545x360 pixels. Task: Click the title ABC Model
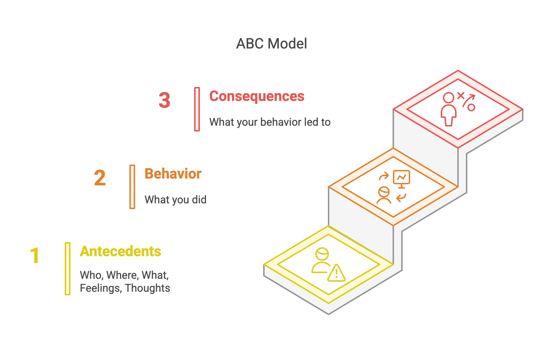pyautogui.click(x=271, y=44)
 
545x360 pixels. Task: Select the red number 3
pyautogui.click(x=165, y=100)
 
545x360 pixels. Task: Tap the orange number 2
pyautogui.click(x=100, y=178)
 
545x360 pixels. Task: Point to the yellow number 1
pyautogui.click(x=35, y=255)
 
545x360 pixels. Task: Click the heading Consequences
pyautogui.click(x=257, y=96)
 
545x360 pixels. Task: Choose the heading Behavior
pyautogui.click(x=173, y=174)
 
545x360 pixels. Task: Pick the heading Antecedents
pyautogui.click(x=120, y=251)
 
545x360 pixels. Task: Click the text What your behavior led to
pyautogui.click(x=270, y=122)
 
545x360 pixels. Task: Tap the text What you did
pyautogui.click(x=175, y=199)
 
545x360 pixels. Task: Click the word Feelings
pyautogui.click(x=101, y=288)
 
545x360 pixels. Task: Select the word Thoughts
pyautogui.click(x=147, y=288)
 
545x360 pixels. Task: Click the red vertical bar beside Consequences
pyautogui.click(x=197, y=109)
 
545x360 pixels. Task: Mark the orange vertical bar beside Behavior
pyautogui.click(x=132, y=187)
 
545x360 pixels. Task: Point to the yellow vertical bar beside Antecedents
pyautogui.click(x=68, y=269)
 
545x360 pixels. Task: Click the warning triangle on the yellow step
pyautogui.click(x=336, y=273)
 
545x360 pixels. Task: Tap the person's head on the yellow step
pyautogui.click(x=322, y=254)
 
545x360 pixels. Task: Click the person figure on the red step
pyautogui.click(x=449, y=109)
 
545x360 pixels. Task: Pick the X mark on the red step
pyautogui.click(x=461, y=96)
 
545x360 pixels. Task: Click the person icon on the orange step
pyautogui.click(x=384, y=195)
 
